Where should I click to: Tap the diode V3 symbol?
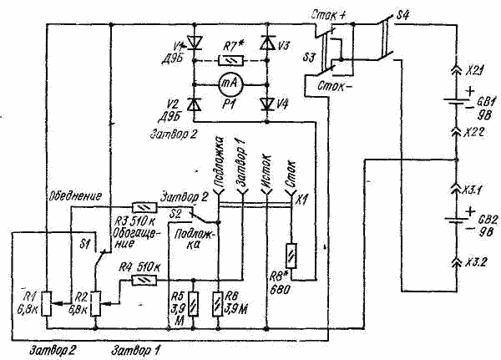(x=267, y=43)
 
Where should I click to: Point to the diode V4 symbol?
(x=267, y=104)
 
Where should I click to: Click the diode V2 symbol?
(x=195, y=104)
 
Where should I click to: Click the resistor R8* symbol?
(x=290, y=253)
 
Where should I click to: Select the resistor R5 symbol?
(x=194, y=302)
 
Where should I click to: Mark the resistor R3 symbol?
(x=143, y=205)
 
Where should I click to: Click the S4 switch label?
(x=403, y=13)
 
